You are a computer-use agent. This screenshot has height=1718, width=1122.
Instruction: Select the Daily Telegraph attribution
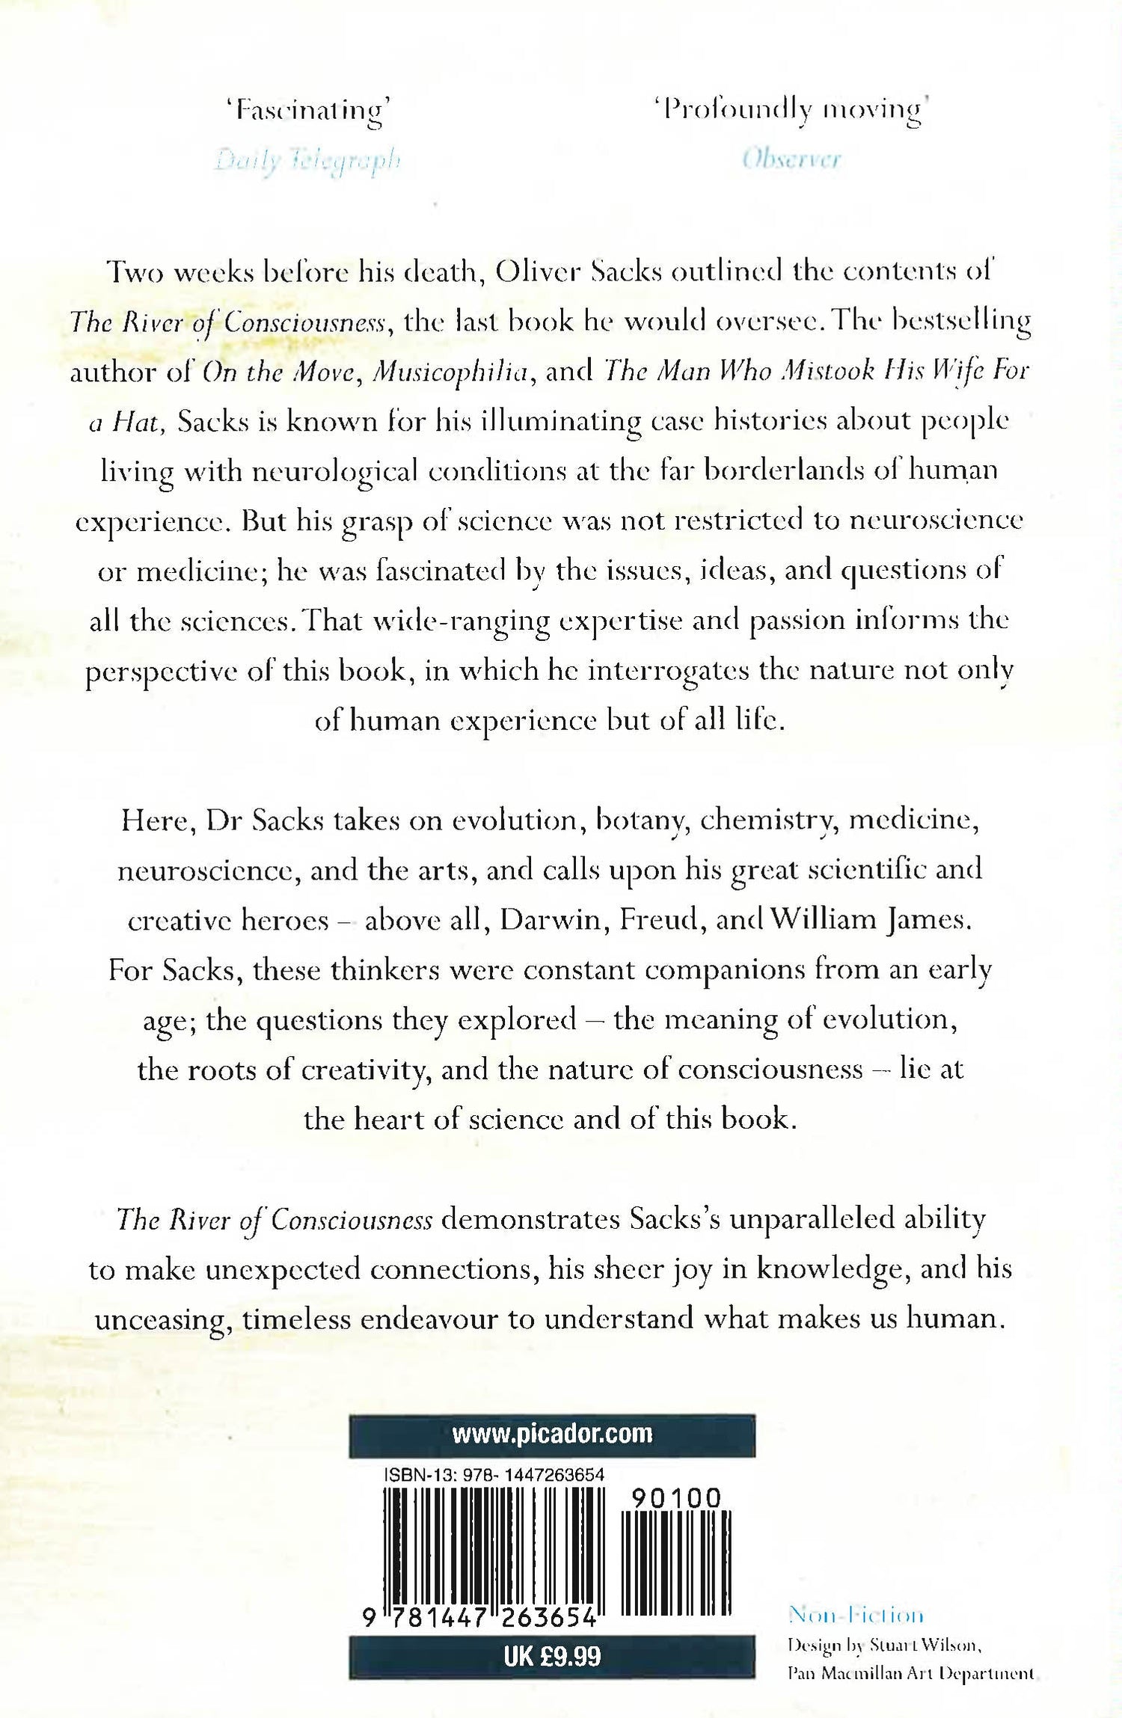(x=308, y=160)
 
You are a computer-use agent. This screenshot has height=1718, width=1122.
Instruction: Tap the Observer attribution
(x=792, y=159)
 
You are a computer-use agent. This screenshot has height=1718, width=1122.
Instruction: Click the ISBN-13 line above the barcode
(x=494, y=1475)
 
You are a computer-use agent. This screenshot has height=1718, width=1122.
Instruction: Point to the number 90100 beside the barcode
(x=676, y=1498)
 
